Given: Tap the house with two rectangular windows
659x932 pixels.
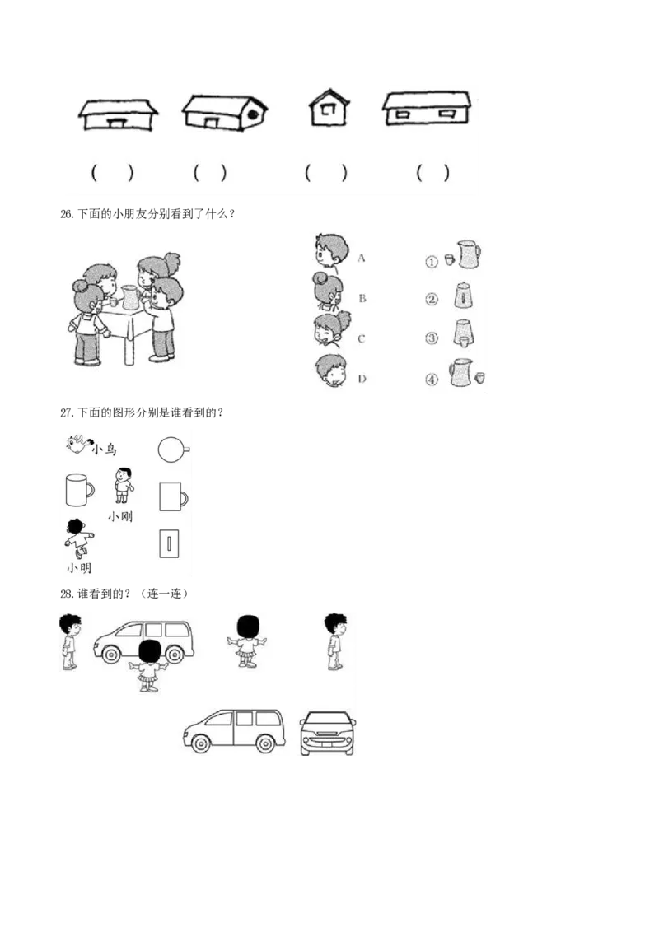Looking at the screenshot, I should (x=427, y=110).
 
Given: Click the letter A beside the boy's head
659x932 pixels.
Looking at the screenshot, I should (x=361, y=257).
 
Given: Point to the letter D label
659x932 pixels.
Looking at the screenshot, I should (x=361, y=379).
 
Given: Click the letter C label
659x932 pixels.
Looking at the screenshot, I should (x=361, y=338).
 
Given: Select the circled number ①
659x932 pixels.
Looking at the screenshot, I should (x=431, y=261).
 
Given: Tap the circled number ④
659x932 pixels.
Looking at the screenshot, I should (x=431, y=380).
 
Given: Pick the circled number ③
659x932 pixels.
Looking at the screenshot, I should (x=431, y=338).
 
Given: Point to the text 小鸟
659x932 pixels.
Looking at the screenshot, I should (x=105, y=450).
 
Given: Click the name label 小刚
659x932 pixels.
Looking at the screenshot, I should (x=120, y=517).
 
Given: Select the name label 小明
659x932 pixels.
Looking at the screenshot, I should (x=79, y=567).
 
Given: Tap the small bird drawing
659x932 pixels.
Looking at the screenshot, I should (x=77, y=445).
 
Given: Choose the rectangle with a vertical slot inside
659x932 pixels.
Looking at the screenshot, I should (x=169, y=544).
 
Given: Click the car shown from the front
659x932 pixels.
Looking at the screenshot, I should (x=329, y=733).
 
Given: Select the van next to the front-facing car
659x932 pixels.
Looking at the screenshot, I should (x=234, y=731).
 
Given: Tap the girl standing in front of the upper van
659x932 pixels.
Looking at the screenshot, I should (x=149, y=665).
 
